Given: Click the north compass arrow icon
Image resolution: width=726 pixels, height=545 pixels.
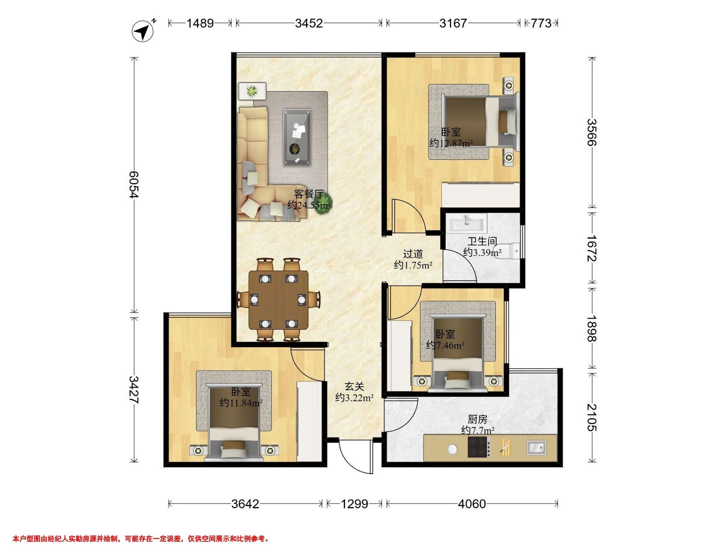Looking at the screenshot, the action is [143, 31].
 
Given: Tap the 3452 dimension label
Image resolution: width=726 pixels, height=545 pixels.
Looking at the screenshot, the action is [309, 23].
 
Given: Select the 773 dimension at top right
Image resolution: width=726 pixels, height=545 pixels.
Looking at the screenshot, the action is [541, 23].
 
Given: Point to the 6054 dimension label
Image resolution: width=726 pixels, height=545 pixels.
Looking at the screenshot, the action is [134, 184].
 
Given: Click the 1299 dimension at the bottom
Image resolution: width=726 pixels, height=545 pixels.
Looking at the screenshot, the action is [355, 504].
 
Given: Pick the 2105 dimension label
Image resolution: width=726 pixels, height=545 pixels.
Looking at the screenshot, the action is [592, 417].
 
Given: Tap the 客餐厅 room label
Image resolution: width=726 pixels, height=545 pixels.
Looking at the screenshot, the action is [309, 194].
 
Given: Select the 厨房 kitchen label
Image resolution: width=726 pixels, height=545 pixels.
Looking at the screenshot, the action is [478, 420].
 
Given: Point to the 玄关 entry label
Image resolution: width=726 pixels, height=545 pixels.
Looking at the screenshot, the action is [355, 387].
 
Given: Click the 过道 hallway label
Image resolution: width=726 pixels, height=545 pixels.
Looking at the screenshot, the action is [413, 254].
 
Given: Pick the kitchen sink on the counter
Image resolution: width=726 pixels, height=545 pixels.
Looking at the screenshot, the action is [536, 448].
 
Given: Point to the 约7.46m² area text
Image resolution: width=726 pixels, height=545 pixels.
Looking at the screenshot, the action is [445, 345].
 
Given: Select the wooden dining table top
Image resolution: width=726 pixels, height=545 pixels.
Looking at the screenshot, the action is [278, 300].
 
